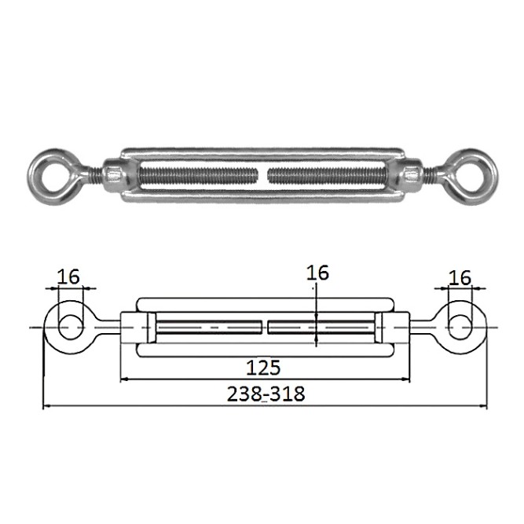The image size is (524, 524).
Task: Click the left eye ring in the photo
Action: (x=35, y=177)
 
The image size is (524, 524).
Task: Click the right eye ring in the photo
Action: (x=489, y=177)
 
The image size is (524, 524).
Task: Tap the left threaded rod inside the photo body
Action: (x=199, y=175)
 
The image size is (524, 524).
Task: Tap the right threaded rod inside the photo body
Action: (x=328, y=175)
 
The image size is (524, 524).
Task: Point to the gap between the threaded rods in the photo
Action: (x=263, y=175)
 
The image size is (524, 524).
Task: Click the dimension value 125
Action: (x=263, y=368)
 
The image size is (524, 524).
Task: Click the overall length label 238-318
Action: (x=266, y=394)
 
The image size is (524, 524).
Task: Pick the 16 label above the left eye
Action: (x=69, y=277)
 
